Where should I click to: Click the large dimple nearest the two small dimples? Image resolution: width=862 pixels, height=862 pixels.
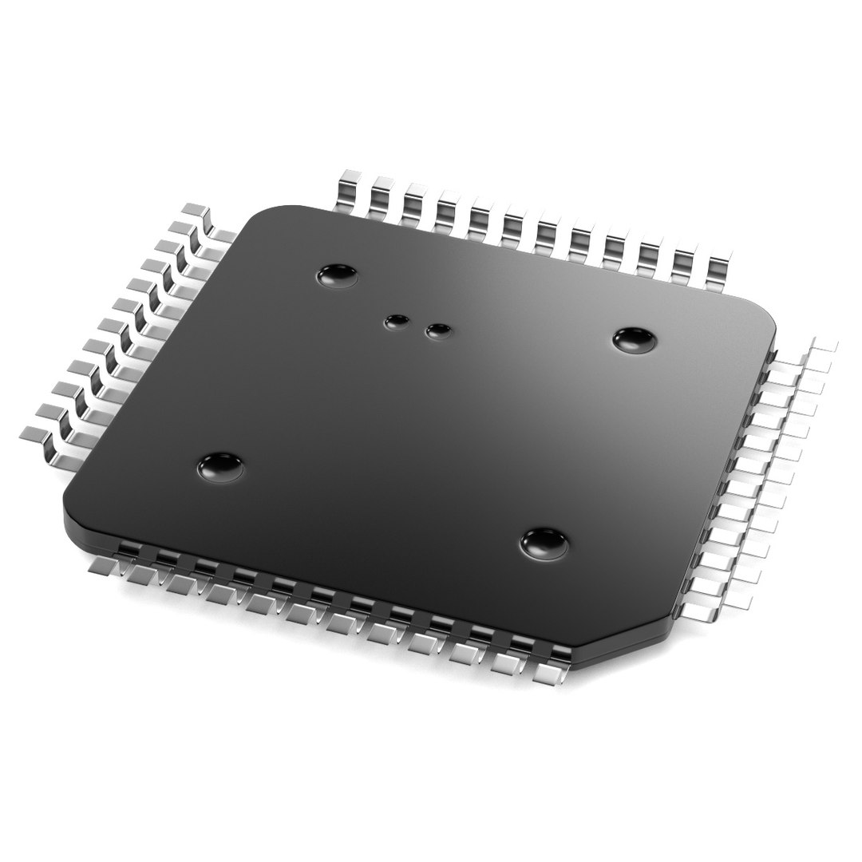337,277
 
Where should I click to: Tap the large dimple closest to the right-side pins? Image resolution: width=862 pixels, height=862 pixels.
635,341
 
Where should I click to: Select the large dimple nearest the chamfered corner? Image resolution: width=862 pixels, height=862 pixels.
544,544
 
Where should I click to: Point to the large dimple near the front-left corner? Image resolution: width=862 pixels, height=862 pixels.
221,466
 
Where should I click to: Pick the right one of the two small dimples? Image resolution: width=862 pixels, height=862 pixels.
437,330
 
